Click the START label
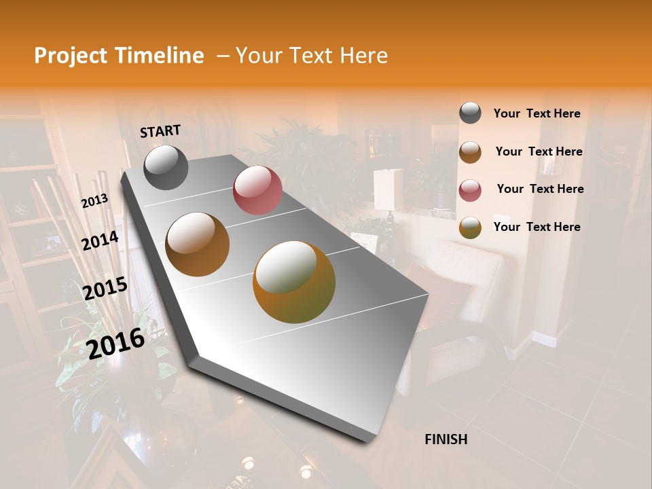point(160,131)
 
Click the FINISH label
point(446,439)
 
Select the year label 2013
point(94,201)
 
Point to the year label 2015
point(105,288)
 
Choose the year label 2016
point(115,343)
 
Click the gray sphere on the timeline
point(166,167)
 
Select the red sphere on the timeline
point(257,190)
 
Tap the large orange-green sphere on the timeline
point(294,282)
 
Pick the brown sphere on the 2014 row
point(197,244)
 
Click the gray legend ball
point(470,113)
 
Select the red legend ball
point(470,189)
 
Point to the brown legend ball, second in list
point(470,152)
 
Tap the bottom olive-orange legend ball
point(470,228)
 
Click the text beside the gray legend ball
point(537,113)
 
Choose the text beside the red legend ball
point(540,189)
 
